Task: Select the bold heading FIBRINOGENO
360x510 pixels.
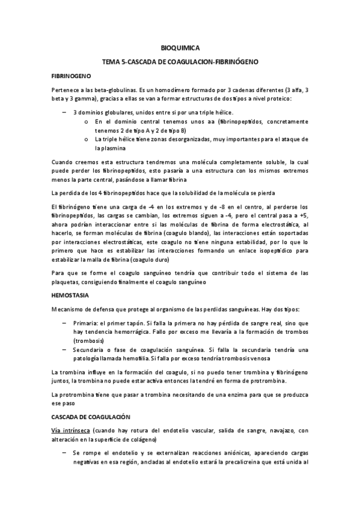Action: (x=71, y=77)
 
